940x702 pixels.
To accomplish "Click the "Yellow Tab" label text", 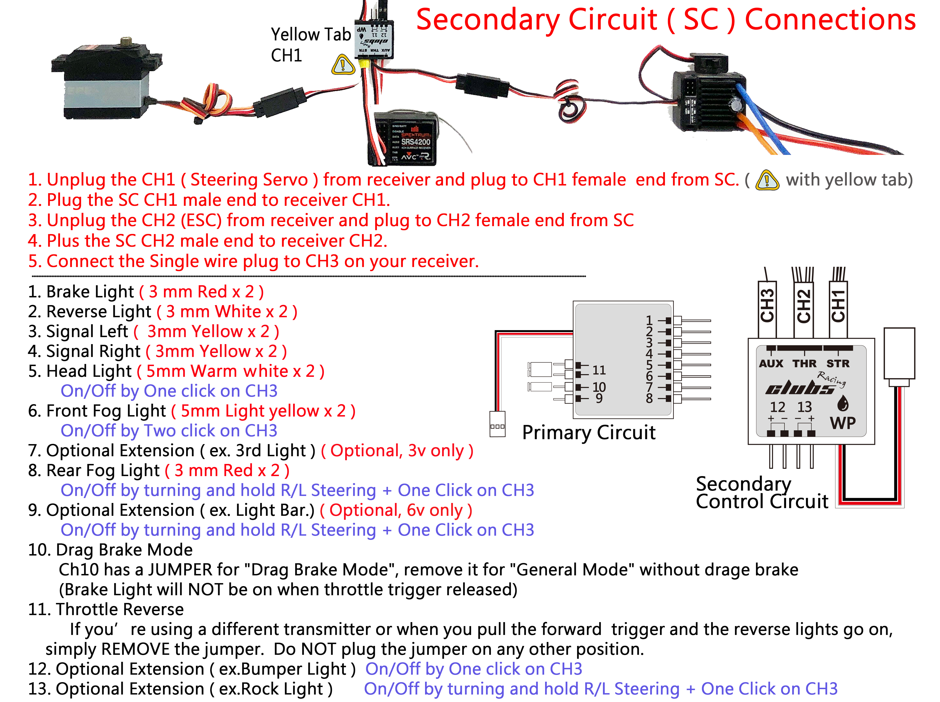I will pyautogui.click(x=311, y=34).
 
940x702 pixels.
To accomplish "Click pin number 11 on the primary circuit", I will pyautogui.click(x=599, y=370).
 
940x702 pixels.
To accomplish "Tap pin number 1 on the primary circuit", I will pyautogui.click(x=649, y=320).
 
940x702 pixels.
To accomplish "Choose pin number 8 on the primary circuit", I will pyautogui.click(x=649, y=399).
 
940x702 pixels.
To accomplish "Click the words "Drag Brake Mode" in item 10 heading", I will pyautogui.click(x=124, y=550).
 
